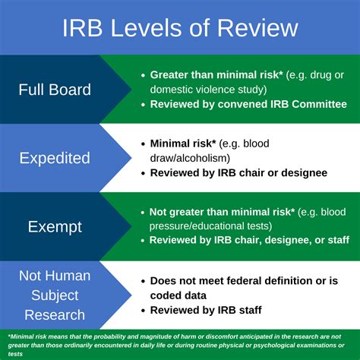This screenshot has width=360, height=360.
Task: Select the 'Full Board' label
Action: coord(54,90)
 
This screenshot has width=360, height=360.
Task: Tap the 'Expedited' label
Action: coord(54,158)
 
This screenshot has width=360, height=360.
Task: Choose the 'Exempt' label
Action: coord(54,226)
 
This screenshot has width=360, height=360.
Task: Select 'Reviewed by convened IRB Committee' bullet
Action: coord(248,103)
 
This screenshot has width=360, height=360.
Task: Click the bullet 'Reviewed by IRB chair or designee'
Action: coord(238,172)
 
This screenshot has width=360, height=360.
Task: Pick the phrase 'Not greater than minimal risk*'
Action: coord(221,211)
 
